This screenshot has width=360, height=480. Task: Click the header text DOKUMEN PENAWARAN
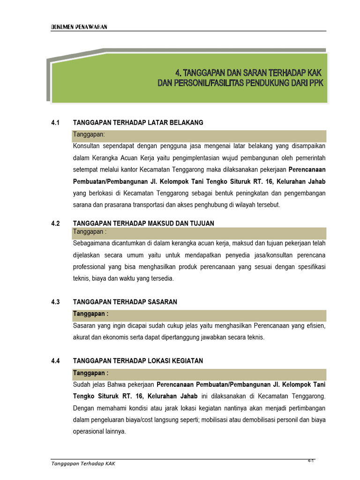[x=79, y=27]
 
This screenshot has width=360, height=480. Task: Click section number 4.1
[x=56, y=123]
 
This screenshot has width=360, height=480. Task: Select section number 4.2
[x=56, y=224]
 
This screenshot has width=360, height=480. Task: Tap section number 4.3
[x=56, y=302]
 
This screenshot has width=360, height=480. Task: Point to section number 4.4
[x=56, y=361]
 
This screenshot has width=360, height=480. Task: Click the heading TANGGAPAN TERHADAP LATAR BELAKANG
[x=138, y=123]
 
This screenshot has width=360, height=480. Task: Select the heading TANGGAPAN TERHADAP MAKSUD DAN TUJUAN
[x=143, y=224]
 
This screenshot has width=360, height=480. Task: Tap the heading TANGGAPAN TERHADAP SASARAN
[x=125, y=302]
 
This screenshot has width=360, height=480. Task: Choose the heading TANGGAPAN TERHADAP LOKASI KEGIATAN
[x=138, y=361]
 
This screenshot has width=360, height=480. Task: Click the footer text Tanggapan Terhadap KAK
[x=83, y=464]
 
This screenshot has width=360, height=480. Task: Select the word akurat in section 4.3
[x=82, y=337]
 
